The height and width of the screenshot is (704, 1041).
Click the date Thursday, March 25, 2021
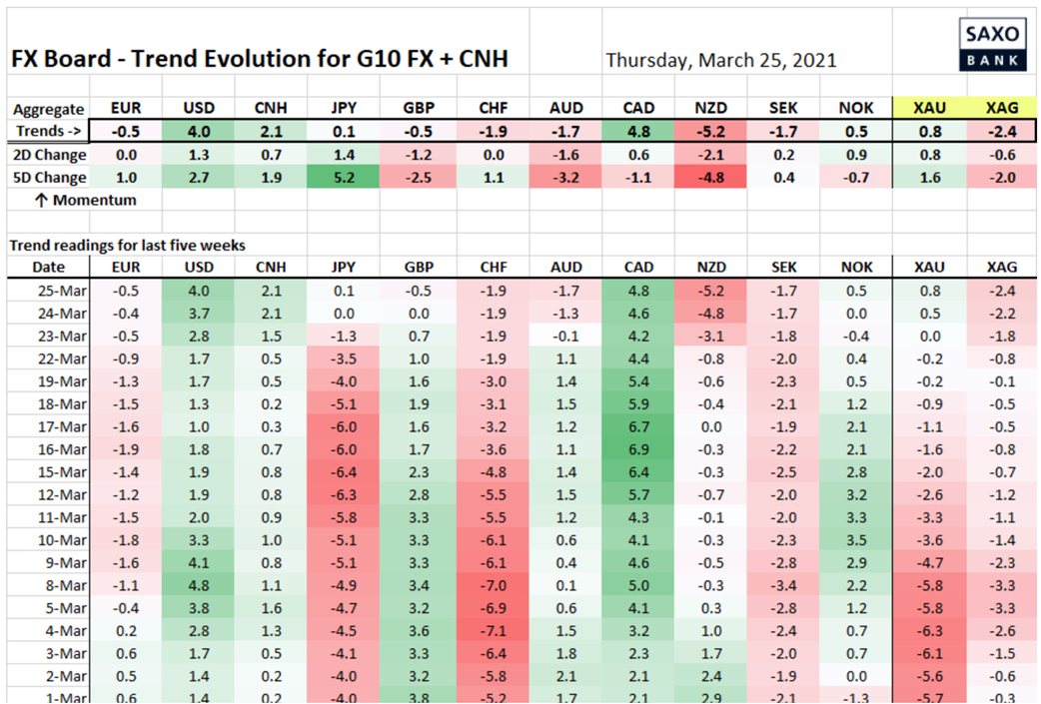(x=720, y=60)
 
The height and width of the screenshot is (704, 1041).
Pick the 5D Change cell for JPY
(x=343, y=177)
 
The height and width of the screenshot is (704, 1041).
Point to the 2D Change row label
(x=48, y=155)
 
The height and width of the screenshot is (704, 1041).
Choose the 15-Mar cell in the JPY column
(x=343, y=471)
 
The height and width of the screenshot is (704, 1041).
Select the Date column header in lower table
(x=48, y=267)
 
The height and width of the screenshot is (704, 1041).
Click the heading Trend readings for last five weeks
(x=127, y=245)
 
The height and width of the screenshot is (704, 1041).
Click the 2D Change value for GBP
(x=418, y=155)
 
